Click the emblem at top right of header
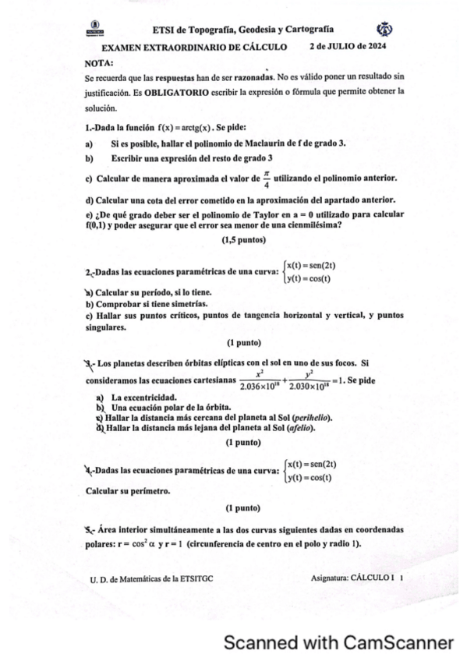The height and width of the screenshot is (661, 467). point(384,29)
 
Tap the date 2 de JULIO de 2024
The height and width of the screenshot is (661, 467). point(349,47)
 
